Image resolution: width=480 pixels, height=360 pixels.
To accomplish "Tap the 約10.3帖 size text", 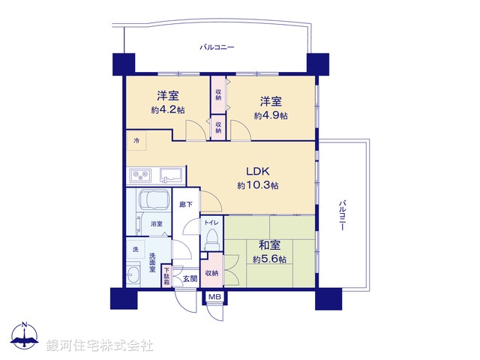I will (258, 185).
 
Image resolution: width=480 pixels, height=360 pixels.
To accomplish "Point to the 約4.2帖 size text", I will (166, 110).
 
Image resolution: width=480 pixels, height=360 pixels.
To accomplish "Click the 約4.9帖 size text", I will (271, 115).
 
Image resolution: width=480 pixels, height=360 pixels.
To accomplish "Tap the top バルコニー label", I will (217, 47).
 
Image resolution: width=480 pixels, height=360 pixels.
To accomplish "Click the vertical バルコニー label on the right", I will (341, 215).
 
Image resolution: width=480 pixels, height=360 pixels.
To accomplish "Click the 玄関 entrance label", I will (189, 278).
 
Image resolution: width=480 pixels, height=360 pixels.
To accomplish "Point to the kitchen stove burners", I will (140, 176).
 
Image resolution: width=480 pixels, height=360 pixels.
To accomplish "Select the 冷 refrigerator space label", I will (136, 140).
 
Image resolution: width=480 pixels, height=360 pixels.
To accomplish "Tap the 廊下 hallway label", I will (184, 203).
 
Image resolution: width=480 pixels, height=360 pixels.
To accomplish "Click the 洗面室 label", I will (151, 263).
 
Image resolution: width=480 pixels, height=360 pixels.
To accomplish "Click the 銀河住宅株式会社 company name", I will (100, 346).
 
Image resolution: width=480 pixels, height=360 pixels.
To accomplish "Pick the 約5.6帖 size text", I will (268, 259).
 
